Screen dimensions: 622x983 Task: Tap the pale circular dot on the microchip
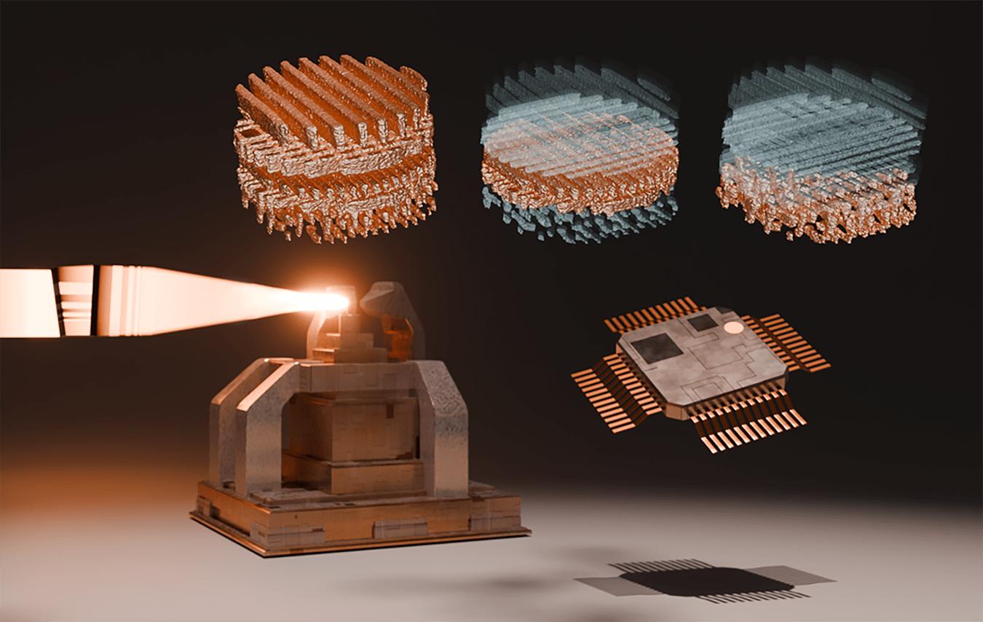click(x=734, y=328)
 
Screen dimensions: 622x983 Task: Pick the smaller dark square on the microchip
click(x=703, y=322)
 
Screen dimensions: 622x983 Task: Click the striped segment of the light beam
click(x=76, y=300)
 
